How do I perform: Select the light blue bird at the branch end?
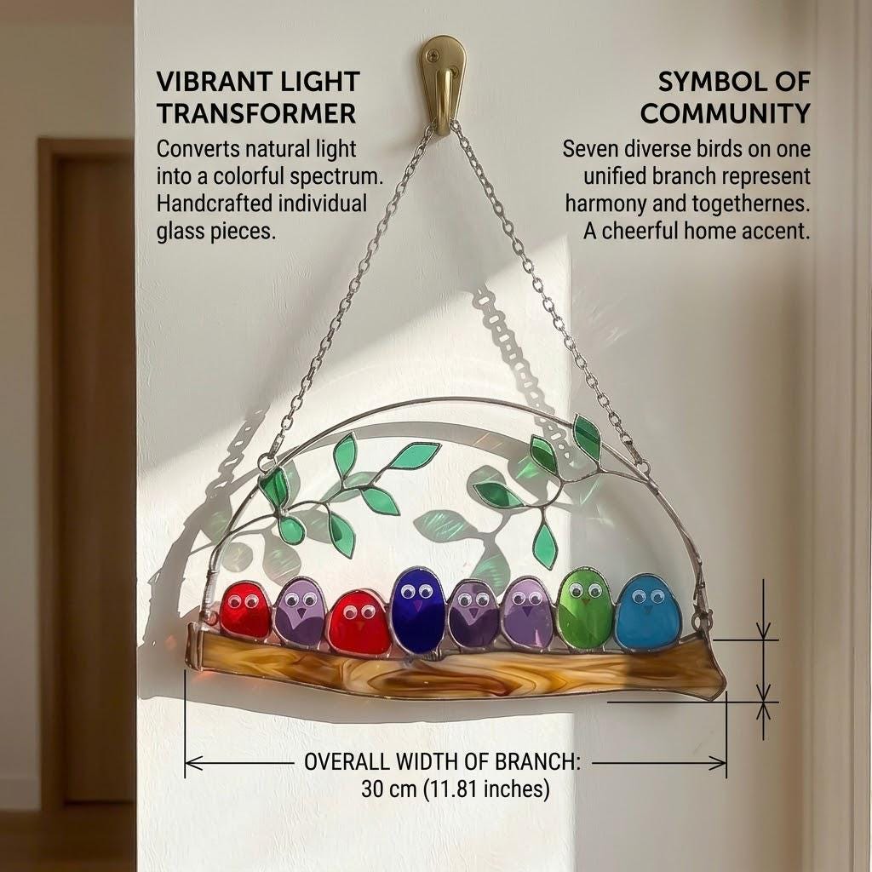click(x=648, y=611)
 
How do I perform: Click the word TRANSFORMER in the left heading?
click(x=255, y=113)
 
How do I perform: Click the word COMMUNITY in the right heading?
click(x=726, y=113)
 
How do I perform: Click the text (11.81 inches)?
click(x=486, y=789)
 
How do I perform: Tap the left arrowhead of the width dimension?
click(x=192, y=763)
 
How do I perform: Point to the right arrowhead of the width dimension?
click(x=718, y=763)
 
